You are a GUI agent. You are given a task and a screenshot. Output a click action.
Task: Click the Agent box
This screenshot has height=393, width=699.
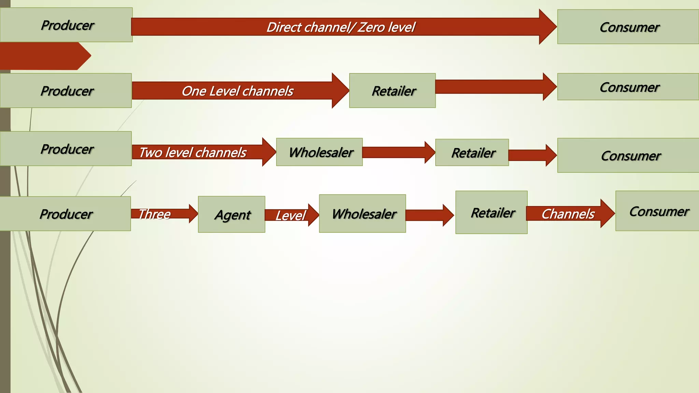231,214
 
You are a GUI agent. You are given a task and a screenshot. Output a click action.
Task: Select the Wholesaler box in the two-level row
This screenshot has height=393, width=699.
319,152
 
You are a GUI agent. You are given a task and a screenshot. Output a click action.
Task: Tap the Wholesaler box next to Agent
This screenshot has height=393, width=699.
362,214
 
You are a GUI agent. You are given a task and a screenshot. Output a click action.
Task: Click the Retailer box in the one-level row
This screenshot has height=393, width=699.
392,91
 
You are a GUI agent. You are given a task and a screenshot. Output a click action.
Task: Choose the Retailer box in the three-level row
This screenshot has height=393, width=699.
491,212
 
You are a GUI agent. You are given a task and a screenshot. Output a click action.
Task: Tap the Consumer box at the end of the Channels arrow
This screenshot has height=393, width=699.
657,211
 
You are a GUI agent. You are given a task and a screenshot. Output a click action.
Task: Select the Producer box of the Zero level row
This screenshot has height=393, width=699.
66,25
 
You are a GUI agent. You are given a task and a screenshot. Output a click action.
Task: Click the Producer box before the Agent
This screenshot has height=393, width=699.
65,214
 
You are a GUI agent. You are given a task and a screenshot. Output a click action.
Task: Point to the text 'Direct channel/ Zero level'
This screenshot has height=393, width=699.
341,27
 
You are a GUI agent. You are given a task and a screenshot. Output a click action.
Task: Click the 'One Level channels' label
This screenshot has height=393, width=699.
237,91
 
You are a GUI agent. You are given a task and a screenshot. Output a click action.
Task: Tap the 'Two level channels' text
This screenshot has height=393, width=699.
192,152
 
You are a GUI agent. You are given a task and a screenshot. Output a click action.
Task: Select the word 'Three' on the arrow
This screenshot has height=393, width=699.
154,214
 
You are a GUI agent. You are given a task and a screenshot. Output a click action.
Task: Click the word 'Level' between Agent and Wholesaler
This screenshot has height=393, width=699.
290,216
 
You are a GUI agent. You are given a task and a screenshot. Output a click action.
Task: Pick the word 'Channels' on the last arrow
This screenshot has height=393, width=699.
568,214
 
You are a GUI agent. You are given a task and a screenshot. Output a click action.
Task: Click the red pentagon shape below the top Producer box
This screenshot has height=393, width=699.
43,56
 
